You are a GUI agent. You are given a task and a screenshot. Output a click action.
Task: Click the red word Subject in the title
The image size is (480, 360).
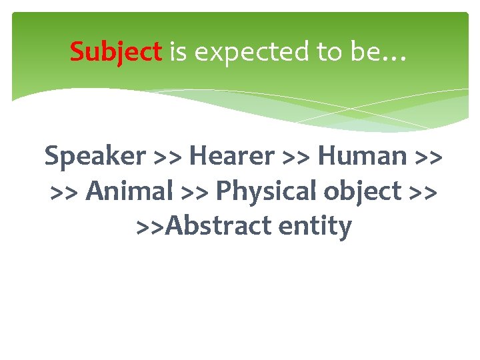[116, 51]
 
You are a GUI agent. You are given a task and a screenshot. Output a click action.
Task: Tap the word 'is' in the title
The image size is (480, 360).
[178, 51]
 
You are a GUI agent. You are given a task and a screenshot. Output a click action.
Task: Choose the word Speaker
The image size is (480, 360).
[95, 157]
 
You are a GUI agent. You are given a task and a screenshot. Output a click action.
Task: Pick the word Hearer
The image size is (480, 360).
[231, 157]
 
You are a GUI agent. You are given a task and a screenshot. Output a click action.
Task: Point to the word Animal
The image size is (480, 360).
[130, 191]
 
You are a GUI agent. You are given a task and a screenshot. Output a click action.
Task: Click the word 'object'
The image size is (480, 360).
[359, 192]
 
